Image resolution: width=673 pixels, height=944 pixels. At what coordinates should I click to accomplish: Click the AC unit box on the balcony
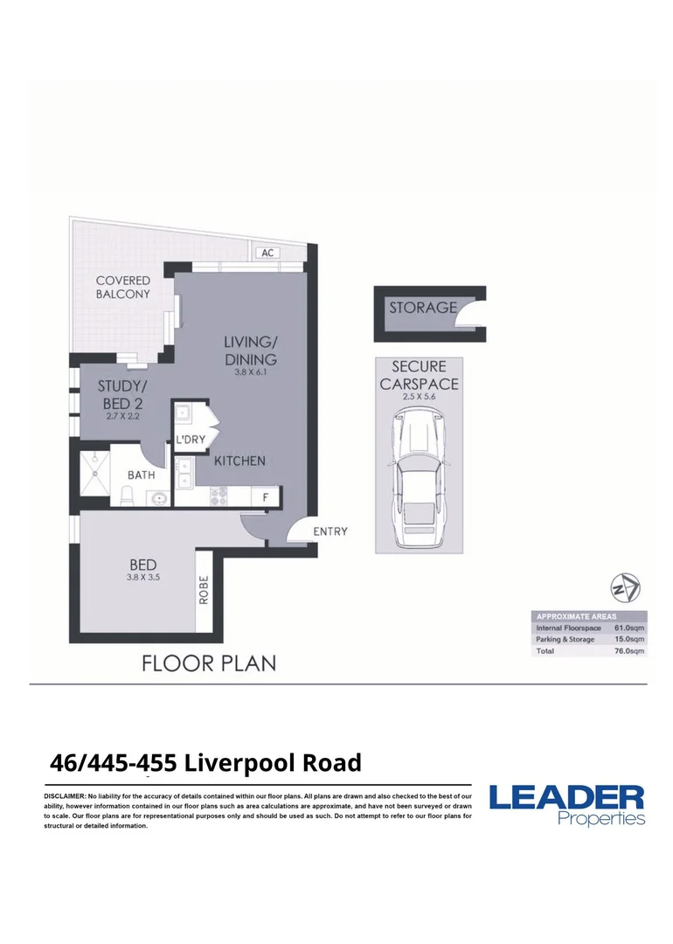click(267, 253)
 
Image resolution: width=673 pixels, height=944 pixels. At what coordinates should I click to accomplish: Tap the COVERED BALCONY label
click(123, 288)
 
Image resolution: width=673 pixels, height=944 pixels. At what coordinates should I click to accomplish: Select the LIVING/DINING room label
click(251, 351)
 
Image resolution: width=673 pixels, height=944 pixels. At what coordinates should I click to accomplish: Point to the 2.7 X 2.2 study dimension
click(123, 416)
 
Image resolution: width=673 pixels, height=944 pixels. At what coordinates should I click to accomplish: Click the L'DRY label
click(191, 440)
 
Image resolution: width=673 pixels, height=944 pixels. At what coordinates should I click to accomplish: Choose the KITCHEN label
click(239, 462)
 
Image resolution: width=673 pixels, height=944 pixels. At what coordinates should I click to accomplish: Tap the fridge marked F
click(265, 497)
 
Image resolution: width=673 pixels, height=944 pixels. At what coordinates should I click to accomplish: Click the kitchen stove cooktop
click(218, 496)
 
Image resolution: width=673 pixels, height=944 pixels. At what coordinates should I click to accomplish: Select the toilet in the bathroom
click(128, 496)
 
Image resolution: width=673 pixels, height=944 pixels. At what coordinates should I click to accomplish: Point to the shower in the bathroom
click(95, 473)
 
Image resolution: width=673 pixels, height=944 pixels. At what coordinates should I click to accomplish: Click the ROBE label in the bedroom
click(204, 590)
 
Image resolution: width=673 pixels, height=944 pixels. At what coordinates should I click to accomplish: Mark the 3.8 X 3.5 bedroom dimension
click(143, 578)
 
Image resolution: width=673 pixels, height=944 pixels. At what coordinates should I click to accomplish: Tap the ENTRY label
click(330, 531)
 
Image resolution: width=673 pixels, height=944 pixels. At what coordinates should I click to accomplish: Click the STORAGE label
click(422, 309)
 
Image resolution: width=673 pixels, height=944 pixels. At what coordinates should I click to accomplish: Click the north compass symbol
click(626, 588)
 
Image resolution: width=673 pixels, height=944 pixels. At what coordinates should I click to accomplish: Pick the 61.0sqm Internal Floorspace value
click(629, 628)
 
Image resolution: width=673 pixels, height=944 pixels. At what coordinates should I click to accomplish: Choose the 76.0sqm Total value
click(629, 651)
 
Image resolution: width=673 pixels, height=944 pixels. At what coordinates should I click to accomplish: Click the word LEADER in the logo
click(566, 798)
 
